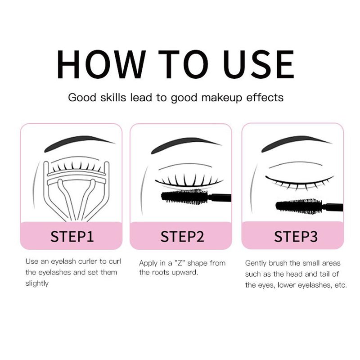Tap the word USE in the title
tap(259, 64)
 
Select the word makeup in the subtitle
tap(222, 98)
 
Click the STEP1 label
tap(72, 237)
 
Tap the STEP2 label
tap(182, 237)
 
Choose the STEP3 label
tap(296, 237)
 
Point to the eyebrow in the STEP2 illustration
tap(186, 144)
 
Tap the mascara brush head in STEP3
tap(298, 207)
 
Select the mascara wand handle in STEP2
tap(220, 198)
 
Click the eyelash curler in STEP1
tap(76, 190)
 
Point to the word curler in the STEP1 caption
tap(88, 261)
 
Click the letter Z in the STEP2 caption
tap(180, 263)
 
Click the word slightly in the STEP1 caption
tap(37, 284)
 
